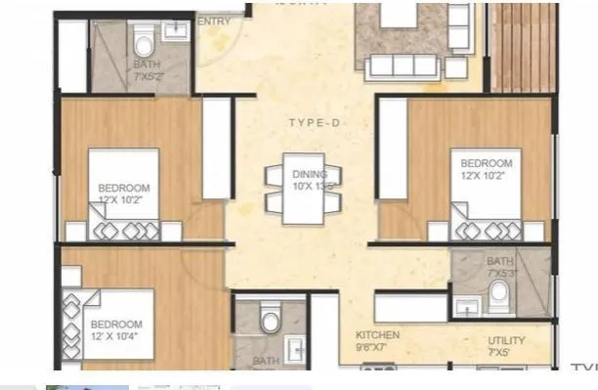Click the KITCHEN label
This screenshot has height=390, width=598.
point(377,334)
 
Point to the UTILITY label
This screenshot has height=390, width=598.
point(506,340)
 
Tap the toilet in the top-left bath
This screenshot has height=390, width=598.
point(143,42)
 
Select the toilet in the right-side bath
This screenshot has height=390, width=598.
point(499,292)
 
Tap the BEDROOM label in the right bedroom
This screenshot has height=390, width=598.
point(486,163)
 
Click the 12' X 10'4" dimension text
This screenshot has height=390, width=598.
point(116,338)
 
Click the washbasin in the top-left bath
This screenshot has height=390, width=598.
point(177,31)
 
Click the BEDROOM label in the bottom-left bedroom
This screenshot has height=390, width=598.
point(115,325)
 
